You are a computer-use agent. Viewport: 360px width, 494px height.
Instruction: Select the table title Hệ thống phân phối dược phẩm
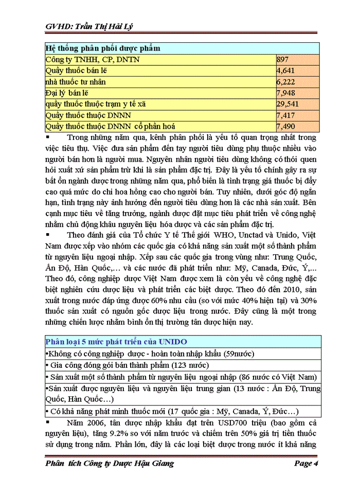pos(103,48)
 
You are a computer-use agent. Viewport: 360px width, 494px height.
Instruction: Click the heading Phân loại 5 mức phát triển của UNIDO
pos(116,342)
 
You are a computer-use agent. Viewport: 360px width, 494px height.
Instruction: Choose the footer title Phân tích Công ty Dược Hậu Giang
pos(110,464)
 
